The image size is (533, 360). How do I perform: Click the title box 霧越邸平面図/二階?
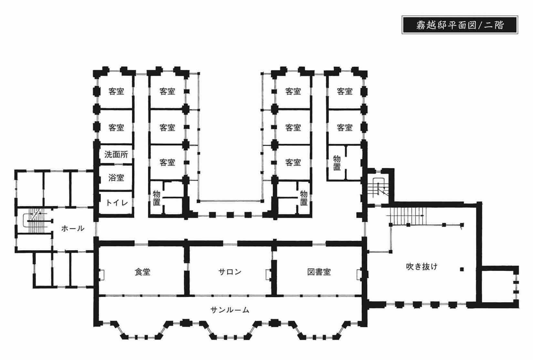459,25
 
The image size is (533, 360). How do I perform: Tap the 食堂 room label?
142,272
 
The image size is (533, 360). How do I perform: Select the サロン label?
230,272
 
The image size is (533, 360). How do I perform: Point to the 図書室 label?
319,272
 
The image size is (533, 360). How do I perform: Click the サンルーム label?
230,310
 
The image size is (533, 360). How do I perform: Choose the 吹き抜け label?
422,267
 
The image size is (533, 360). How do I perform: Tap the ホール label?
73,228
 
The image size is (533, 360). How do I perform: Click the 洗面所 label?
116,154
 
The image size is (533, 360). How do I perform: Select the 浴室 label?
116,178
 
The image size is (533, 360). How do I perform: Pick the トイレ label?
117,203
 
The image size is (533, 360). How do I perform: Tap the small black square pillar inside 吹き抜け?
462,269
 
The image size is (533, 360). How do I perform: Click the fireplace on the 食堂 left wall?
101,274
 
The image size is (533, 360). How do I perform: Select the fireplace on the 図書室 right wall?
360,274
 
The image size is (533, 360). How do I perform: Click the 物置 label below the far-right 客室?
337,163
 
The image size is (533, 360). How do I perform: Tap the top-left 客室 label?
116,91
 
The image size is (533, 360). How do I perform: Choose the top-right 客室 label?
345,91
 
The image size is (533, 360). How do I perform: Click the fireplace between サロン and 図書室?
269,274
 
